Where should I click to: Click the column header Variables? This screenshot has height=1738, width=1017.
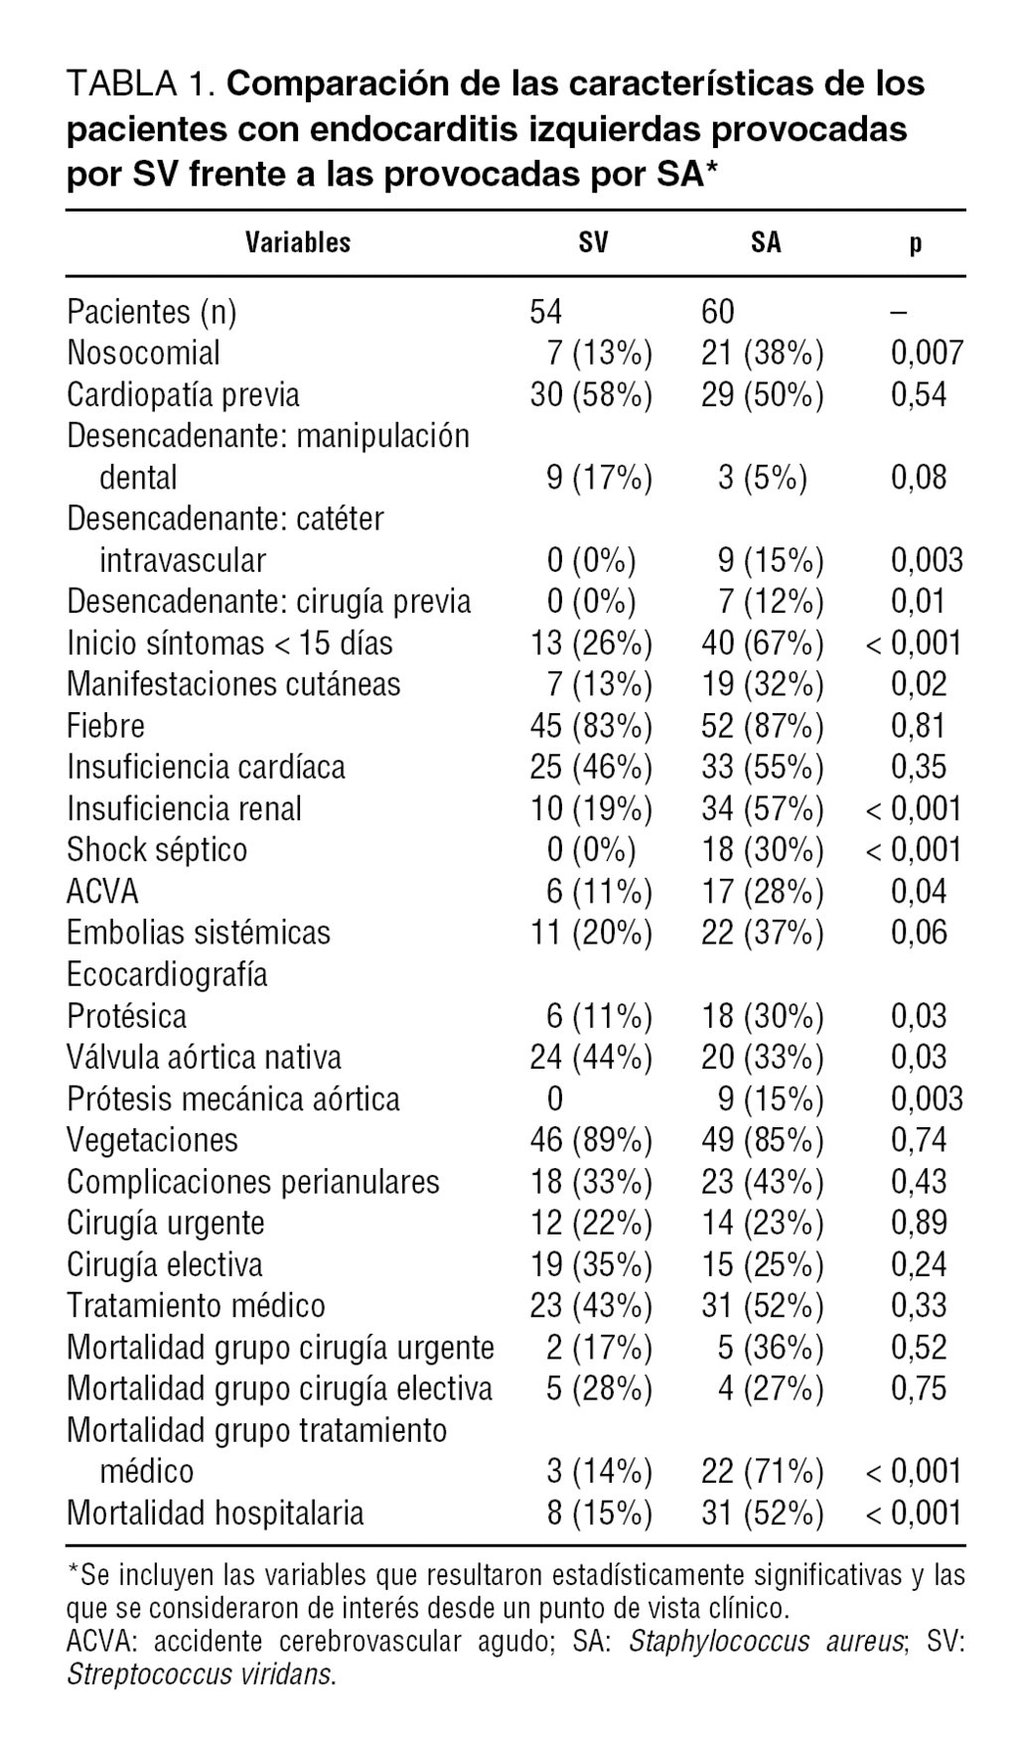(x=298, y=242)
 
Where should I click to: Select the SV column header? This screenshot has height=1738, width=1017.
(x=593, y=242)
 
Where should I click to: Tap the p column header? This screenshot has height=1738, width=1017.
(x=916, y=242)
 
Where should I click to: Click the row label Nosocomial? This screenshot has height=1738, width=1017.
(x=143, y=353)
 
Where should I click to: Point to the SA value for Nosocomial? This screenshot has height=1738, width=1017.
(x=762, y=353)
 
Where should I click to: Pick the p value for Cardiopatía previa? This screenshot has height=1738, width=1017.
(x=919, y=394)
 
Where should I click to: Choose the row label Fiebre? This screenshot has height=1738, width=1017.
(x=105, y=725)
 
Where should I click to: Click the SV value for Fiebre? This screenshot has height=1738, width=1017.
(x=591, y=725)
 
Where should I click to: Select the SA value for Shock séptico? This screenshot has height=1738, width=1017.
(x=762, y=849)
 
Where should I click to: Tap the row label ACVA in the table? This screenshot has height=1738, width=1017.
(x=102, y=891)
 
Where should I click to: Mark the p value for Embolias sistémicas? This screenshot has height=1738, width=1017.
(x=919, y=933)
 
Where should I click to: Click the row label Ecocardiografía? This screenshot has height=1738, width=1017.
(x=167, y=974)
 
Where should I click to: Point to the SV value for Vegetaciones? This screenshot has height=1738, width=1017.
(x=591, y=1139)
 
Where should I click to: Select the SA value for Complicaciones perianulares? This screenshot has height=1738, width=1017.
(x=762, y=1181)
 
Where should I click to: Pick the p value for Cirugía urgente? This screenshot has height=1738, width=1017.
(x=919, y=1223)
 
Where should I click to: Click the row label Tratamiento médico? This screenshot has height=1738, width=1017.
(x=196, y=1305)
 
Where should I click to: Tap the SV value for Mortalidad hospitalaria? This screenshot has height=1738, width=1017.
(x=599, y=1513)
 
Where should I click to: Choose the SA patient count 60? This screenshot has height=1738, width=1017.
(x=718, y=312)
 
